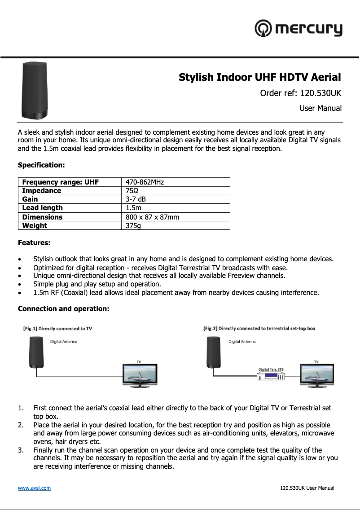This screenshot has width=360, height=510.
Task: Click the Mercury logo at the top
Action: [299, 29]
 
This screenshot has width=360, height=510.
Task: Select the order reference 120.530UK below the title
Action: [301, 93]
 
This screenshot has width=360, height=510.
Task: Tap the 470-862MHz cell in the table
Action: [145, 182]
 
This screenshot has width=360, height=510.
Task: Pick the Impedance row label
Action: [42, 190]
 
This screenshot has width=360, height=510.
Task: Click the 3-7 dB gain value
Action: [136, 199]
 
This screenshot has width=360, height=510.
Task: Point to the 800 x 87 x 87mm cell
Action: [152, 217]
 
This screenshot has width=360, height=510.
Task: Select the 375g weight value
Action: [133, 225]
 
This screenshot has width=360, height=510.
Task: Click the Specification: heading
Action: [41, 165]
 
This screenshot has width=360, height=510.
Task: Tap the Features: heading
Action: [34, 243]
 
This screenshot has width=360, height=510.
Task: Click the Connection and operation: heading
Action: [63, 309]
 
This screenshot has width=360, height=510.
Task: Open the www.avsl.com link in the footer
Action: [34, 488]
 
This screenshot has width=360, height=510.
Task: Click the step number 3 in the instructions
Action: [21, 450]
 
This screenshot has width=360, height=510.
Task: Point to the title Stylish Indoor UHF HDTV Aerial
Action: [260, 77]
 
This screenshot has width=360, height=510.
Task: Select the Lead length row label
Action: [43, 208]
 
